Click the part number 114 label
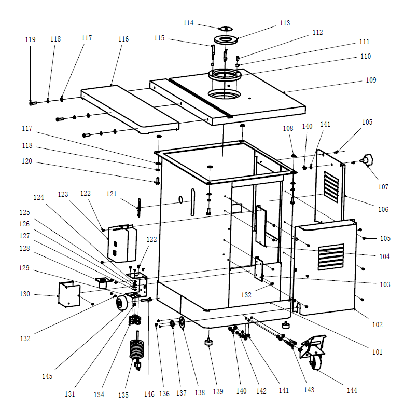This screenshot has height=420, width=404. point(188,23)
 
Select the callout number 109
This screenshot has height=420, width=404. point(371,80)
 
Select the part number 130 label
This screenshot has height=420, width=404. point(25,294)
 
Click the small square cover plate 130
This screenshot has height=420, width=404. point(68,295)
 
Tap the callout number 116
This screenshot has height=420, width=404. point(123,39)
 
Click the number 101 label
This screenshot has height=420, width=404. point(377,352)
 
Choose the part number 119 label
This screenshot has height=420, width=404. point(30,40)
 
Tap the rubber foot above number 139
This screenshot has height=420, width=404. point(208,343)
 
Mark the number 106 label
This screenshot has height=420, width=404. point(383,210)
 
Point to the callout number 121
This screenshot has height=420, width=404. point(112,194)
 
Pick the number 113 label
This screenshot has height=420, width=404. point(285,23)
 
